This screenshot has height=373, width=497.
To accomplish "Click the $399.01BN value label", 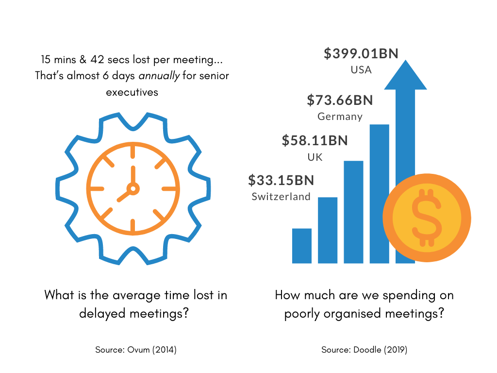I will [361, 53].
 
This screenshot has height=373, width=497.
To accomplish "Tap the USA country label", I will [361, 70].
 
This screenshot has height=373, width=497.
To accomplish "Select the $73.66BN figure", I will [340, 101].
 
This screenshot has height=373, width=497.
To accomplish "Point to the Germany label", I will [340, 117].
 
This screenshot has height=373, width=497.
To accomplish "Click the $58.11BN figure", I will [315, 141].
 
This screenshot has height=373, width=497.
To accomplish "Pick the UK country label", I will [315, 157].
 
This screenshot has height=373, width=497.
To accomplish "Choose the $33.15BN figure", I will [281, 181].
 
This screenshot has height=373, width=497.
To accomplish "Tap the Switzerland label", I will [281, 197].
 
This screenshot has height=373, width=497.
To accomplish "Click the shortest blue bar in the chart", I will [302, 246].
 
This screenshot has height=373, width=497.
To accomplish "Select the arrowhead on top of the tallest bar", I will [405, 75].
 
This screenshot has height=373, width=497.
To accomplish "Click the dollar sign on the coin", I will [426, 218].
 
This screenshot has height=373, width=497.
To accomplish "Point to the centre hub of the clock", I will [133, 188].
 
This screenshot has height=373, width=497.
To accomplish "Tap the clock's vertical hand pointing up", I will [133, 175].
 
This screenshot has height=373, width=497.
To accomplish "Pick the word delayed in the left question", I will [102, 313].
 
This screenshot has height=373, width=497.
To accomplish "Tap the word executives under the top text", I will [132, 92].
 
